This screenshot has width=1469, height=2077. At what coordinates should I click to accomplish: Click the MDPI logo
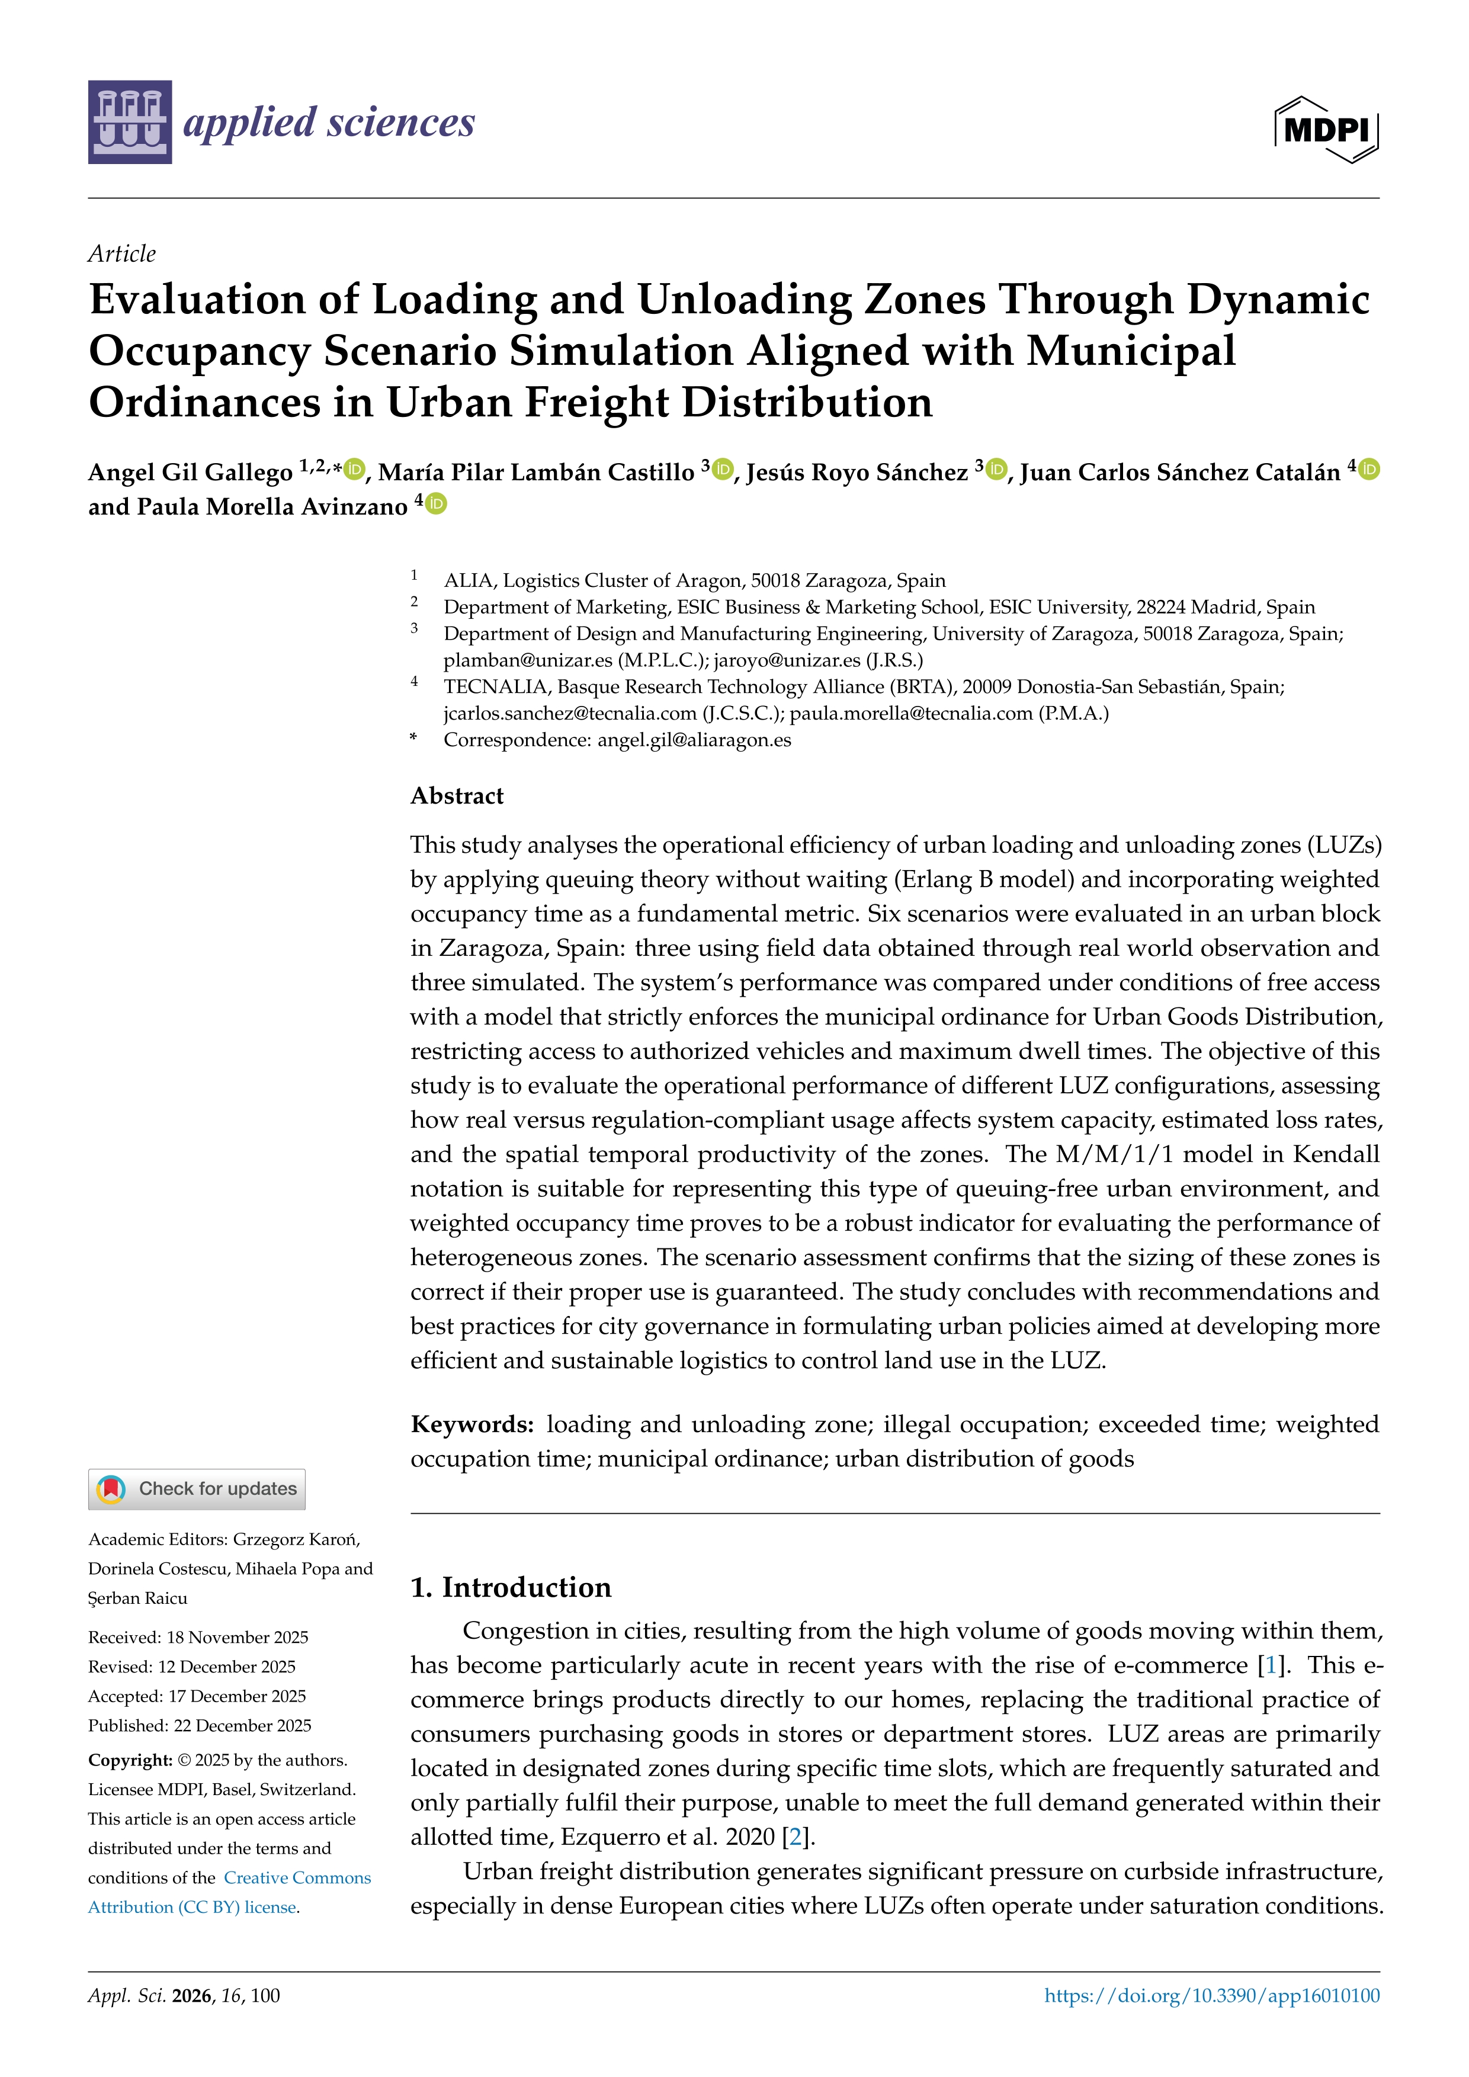1326,129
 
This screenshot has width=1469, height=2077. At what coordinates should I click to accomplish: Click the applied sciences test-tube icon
129,122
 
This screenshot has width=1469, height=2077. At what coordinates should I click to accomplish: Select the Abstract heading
457,795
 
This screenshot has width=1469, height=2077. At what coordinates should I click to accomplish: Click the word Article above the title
121,253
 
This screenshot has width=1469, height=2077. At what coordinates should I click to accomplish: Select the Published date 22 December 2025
242,1725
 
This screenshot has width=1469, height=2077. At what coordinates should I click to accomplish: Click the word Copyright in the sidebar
129,1760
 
